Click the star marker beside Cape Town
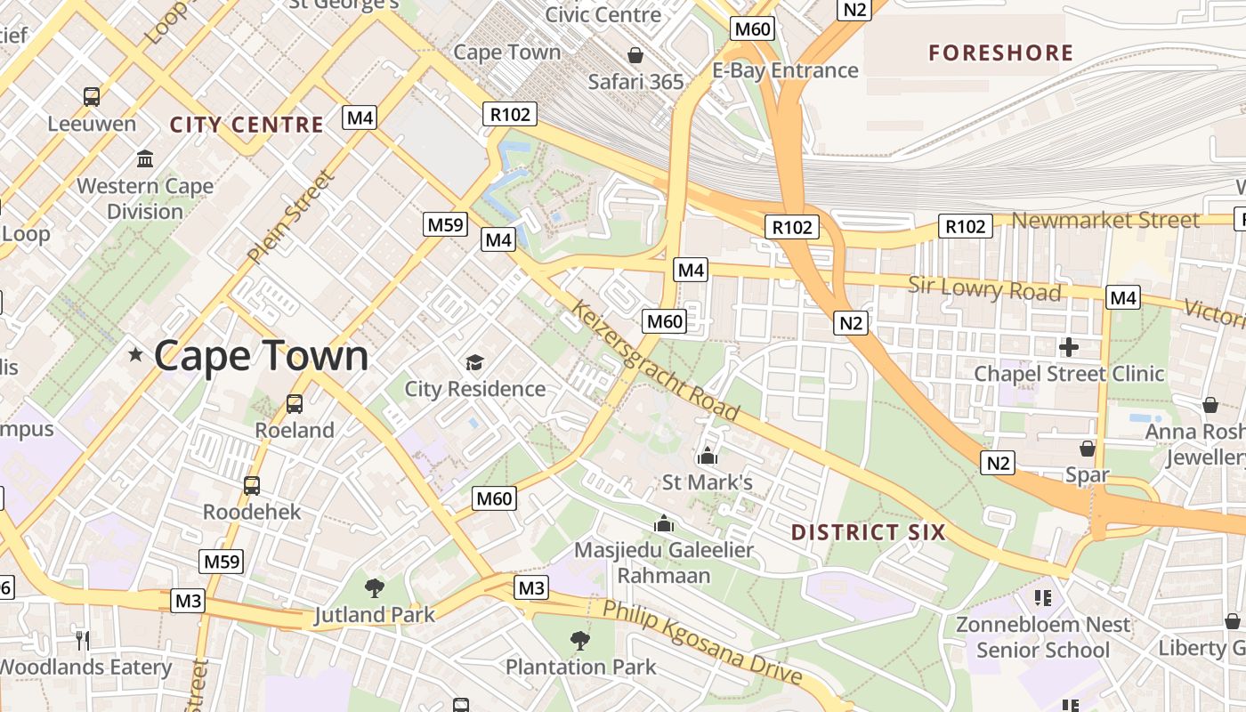135,355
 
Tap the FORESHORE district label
1000,53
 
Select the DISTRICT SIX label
868,532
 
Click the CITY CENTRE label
247,125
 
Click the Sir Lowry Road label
984,289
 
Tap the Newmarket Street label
1105,220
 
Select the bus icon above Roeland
295,403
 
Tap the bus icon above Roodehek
252,485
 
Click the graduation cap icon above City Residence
474,362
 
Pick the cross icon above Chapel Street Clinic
1069,346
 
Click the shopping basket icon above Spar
1087,448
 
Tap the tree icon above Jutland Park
375,587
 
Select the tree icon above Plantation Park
580,639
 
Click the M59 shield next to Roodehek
222,562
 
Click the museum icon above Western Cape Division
145,159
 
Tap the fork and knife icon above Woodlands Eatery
82,639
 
